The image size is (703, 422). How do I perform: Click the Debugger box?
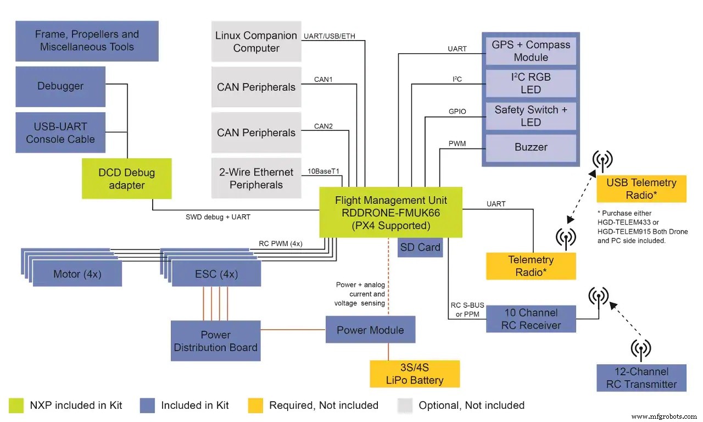(60, 86)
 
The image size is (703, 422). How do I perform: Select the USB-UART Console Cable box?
(60, 133)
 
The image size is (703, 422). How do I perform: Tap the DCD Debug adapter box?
(126, 179)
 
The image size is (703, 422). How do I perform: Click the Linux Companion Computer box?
(256, 42)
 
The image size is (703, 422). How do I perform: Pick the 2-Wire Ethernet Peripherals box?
(256, 179)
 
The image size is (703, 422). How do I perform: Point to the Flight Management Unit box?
(390, 213)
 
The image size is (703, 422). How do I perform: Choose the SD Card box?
(420, 248)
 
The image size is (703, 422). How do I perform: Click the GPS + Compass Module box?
(531, 51)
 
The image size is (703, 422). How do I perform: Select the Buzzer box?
(531, 147)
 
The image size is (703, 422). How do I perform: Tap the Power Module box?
(370, 330)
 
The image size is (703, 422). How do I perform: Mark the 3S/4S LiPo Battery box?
(415, 374)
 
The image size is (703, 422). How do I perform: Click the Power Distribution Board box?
(215, 341)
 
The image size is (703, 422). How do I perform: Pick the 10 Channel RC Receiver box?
(531, 319)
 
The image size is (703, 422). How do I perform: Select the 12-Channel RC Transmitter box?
(641, 377)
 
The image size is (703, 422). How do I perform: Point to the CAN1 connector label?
(323, 80)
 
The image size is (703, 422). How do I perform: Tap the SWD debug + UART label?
(218, 217)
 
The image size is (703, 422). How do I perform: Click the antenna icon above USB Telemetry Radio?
(602, 160)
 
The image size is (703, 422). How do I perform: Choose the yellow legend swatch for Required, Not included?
(255, 406)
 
